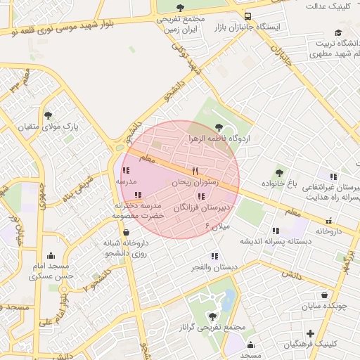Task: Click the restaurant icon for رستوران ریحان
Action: [195, 171]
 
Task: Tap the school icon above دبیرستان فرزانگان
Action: [201, 196]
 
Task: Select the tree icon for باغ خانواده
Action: [279, 172]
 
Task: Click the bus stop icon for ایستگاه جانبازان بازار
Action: [247, 16]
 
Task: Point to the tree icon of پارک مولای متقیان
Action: [48, 115]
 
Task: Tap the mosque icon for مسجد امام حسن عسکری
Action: [50, 256]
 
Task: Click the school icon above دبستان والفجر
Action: [214, 257]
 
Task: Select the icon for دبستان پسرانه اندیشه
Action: [276, 230]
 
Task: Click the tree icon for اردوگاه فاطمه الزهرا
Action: [220, 127]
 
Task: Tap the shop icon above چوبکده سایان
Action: [323, 295]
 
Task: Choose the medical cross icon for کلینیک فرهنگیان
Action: [310, 333]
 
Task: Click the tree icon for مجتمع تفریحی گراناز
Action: [213, 316]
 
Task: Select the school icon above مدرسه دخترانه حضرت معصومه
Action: [139, 195]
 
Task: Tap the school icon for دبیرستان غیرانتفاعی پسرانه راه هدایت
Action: [333, 176]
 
